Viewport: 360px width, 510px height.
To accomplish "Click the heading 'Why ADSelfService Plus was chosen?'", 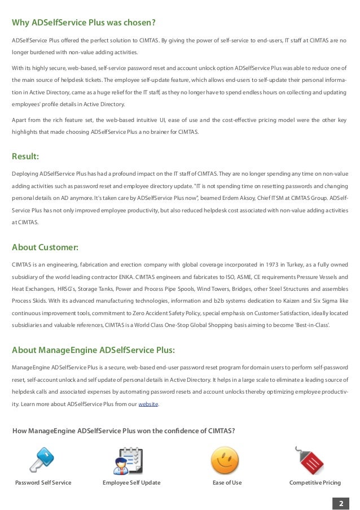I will click(x=84, y=23).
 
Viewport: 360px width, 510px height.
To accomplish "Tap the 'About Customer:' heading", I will click(x=45, y=247).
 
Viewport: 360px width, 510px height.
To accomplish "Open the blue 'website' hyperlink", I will click(x=148, y=404).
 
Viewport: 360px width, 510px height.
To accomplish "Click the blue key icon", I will click(x=42, y=460).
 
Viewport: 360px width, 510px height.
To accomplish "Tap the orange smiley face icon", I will click(x=225, y=461).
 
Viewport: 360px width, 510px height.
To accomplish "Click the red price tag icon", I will click(x=309, y=460).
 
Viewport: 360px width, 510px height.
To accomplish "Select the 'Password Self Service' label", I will click(x=43, y=483).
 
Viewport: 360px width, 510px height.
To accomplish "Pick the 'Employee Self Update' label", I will click(x=131, y=483).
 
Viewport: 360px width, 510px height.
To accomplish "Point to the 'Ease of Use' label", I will click(x=227, y=483).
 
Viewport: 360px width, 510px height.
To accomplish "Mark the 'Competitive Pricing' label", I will click(x=315, y=483).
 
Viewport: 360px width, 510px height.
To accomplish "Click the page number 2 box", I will click(x=341, y=503).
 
